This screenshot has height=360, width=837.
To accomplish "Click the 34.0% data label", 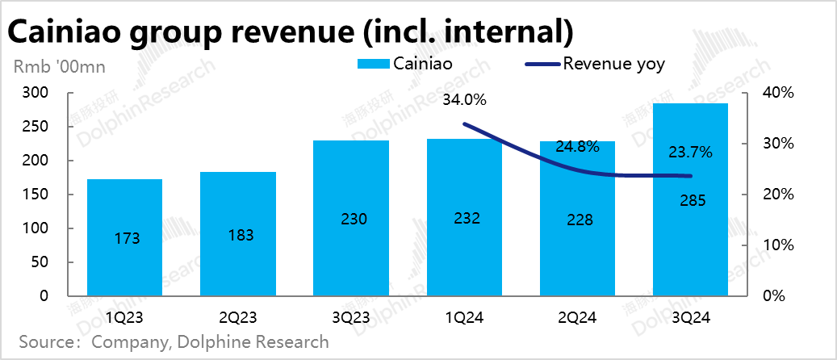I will click(x=465, y=101).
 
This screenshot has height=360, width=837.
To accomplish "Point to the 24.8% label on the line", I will click(x=577, y=147).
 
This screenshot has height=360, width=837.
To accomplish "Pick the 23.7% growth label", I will click(x=690, y=151).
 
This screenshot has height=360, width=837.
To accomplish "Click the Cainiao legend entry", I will click(x=405, y=64).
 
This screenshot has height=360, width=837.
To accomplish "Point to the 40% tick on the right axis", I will click(x=779, y=94).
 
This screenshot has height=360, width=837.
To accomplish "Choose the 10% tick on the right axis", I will click(x=779, y=245).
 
